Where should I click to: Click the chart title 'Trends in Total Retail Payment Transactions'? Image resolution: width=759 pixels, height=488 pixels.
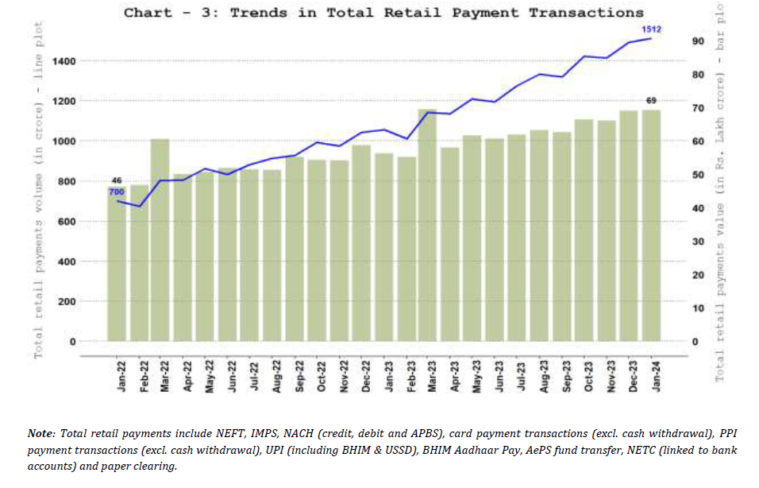(383, 13)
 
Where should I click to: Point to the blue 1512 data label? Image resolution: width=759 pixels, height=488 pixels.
(652, 29)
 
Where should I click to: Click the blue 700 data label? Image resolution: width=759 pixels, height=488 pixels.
(117, 192)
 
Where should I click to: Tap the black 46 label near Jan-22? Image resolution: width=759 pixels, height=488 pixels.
(117, 180)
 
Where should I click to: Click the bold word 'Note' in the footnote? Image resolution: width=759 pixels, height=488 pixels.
(40, 434)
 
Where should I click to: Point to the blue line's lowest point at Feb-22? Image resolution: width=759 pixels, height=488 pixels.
(139, 207)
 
